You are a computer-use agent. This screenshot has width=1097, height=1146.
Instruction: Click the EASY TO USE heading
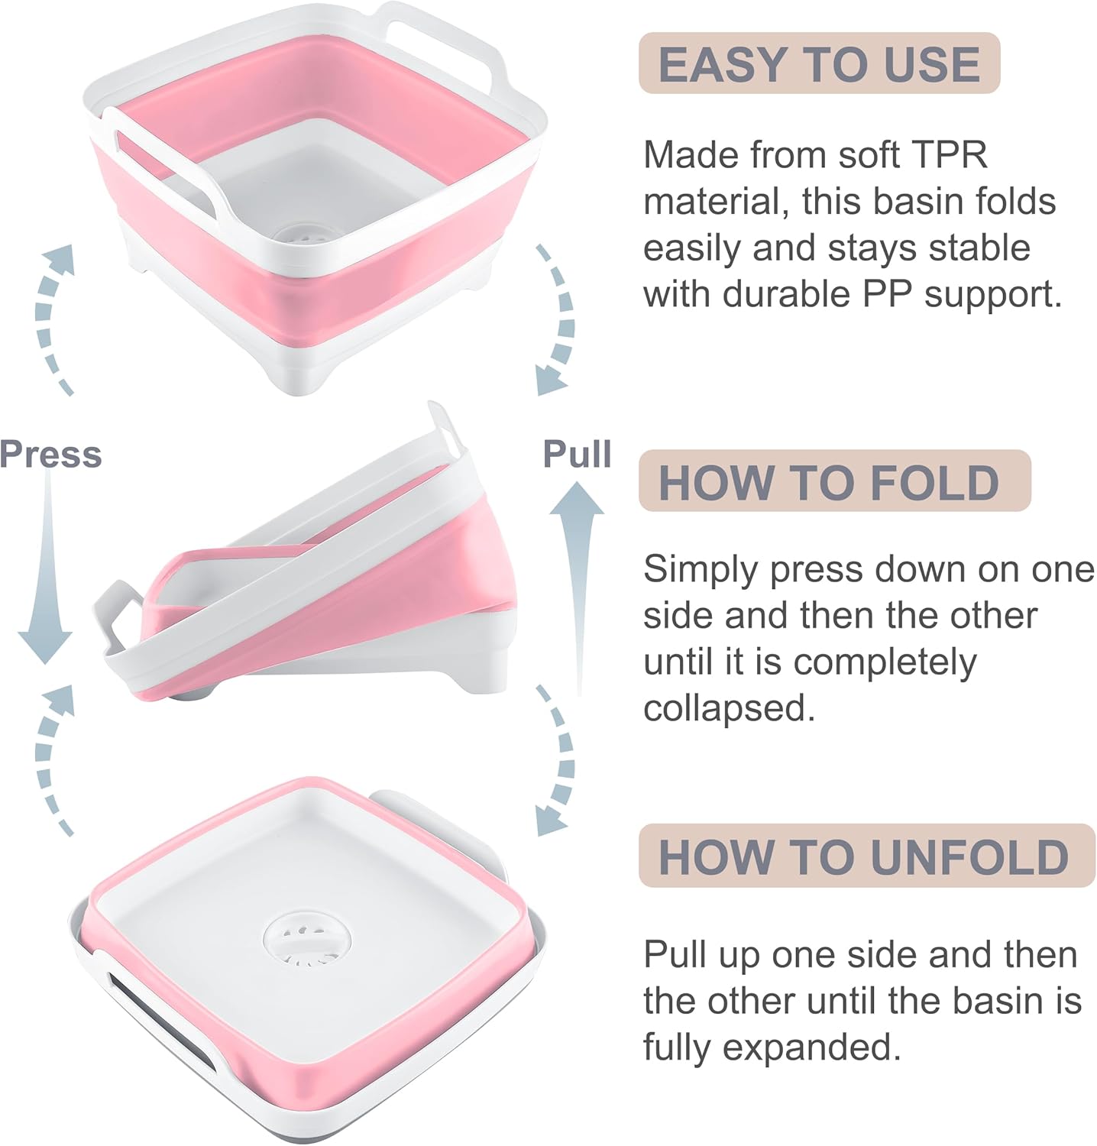[819, 64]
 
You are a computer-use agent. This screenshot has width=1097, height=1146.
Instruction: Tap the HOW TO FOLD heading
[829, 483]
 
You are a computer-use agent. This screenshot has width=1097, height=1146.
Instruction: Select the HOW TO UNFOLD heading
[863, 856]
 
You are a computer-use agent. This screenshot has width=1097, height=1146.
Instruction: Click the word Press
[50, 455]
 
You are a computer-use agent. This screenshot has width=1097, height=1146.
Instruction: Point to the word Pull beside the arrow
[577, 454]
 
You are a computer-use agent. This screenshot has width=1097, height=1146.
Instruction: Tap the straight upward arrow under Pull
[578, 581]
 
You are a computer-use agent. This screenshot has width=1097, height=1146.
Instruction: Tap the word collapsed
[729, 709]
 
